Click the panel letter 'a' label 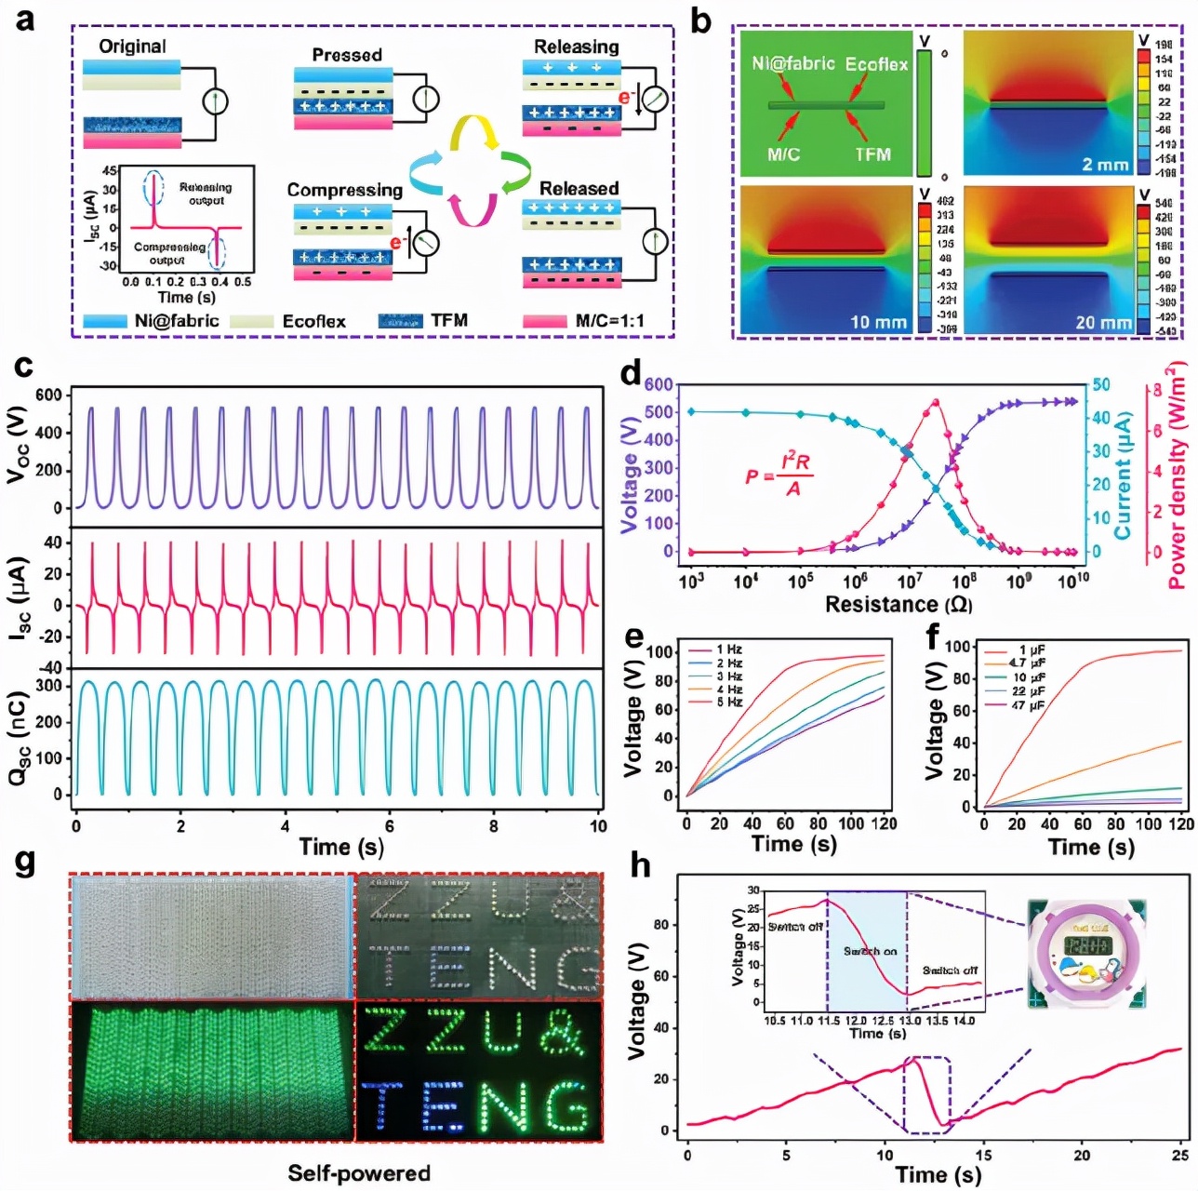[x=25, y=20]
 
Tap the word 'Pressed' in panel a [x=346, y=55]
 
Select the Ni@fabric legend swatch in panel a [x=104, y=321]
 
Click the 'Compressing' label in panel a [x=344, y=190]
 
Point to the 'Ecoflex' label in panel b [x=875, y=64]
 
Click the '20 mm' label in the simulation [x=1103, y=322]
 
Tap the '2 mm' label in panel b [x=1105, y=165]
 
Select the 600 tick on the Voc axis [x=48, y=395]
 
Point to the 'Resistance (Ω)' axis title [x=898, y=605]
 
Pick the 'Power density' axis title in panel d [x=1177, y=475]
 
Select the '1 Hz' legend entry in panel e [x=728, y=649]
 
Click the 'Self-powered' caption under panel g [x=358, y=1172]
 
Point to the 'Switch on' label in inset [x=870, y=951]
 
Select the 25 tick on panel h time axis [x=1179, y=1155]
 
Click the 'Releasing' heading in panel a [x=576, y=47]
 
